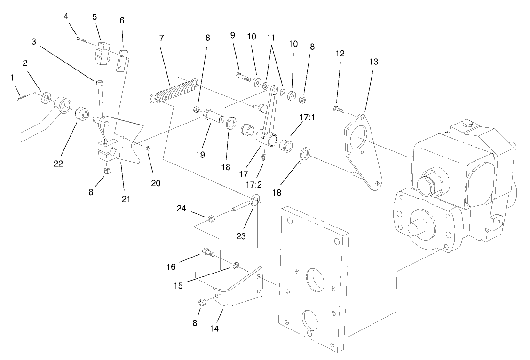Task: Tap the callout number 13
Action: [x=373, y=62]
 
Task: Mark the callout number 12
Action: [x=340, y=54]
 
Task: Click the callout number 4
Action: [x=66, y=16]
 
